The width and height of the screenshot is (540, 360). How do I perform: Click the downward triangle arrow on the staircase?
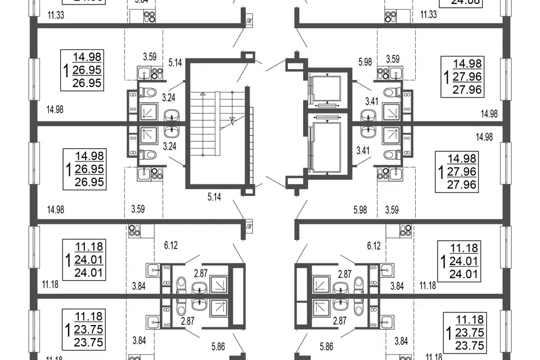(232, 119)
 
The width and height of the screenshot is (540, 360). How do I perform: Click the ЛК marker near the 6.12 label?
(249, 227)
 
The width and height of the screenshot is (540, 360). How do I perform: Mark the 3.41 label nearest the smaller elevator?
(371, 101)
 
